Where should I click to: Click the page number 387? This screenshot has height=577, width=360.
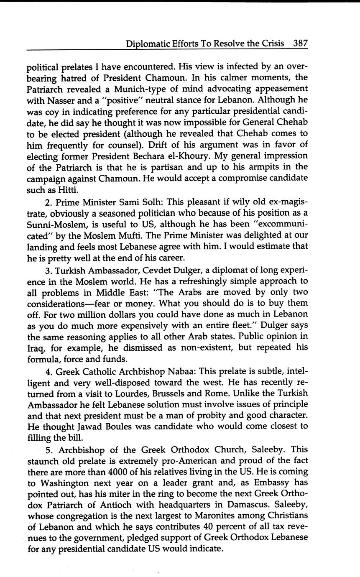[x=300, y=43]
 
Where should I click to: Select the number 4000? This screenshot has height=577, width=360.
[x=121, y=472]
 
